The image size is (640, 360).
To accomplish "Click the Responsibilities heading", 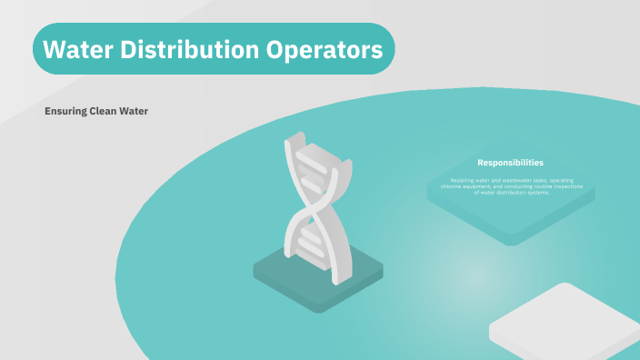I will tap(510, 163).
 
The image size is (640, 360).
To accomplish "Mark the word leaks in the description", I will tap(543, 180).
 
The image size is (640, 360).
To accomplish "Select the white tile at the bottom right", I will tap(565, 324).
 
